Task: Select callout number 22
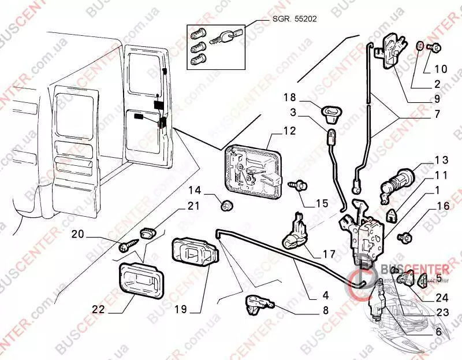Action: (x=98, y=310)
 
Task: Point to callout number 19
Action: (x=180, y=310)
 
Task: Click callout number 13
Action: (x=441, y=159)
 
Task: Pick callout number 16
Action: (x=442, y=205)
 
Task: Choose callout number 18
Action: (x=289, y=96)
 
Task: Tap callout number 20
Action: (x=78, y=234)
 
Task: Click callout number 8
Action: (x=325, y=310)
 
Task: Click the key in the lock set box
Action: (x=222, y=38)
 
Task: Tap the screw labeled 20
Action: (x=126, y=246)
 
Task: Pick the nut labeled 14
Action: (x=228, y=203)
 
